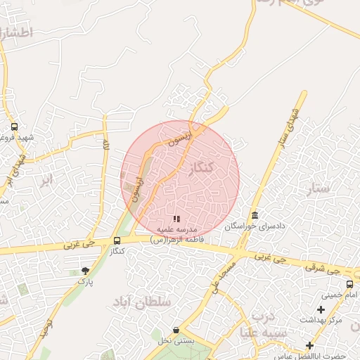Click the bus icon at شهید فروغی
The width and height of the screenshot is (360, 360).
(14, 127)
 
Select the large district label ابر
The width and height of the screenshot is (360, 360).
(46, 180)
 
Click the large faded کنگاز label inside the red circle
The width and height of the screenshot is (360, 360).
(201, 168)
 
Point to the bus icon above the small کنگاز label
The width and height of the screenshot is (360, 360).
(117, 241)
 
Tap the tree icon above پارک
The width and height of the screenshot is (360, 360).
(86, 271)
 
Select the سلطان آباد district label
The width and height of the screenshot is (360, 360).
(146, 302)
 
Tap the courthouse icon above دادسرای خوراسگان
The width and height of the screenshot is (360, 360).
(254, 216)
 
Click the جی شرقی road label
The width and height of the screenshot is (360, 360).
(325, 269)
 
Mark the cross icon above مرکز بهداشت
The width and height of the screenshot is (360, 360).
(321, 309)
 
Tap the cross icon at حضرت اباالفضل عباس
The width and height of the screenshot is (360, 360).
(309, 345)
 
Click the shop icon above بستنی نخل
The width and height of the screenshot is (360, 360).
(175, 330)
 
